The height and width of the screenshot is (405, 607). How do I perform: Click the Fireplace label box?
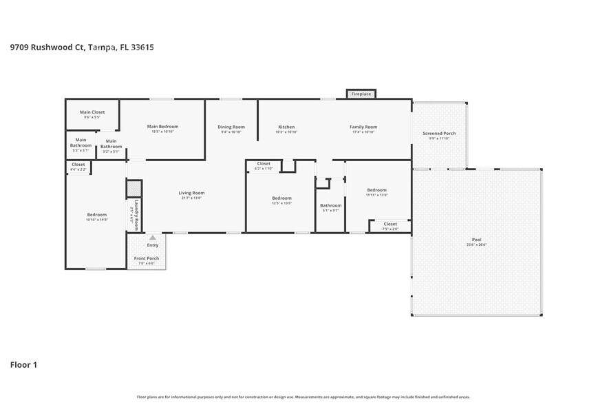tap(361, 94)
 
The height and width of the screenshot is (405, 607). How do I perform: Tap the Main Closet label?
tap(92, 112)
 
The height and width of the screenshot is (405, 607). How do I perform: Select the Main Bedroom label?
tap(163, 127)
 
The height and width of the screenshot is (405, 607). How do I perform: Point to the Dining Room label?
tap(231, 127)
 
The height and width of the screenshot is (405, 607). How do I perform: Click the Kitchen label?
tap(286, 127)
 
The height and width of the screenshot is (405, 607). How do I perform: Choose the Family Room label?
tap(363, 127)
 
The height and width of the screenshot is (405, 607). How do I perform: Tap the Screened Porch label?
tap(439, 134)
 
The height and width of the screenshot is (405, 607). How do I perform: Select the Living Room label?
tap(192, 194)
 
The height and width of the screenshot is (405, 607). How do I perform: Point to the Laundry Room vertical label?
tap(136, 212)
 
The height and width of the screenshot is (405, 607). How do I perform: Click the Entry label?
tap(152, 245)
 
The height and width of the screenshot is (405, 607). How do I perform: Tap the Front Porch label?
tap(146, 258)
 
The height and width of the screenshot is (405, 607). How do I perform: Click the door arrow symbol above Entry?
tap(152, 237)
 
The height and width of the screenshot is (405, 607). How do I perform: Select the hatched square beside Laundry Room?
tap(134, 189)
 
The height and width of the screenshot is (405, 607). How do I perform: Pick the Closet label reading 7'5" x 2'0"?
tap(390, 225)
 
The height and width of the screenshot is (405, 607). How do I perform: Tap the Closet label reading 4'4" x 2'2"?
tap(78, 165)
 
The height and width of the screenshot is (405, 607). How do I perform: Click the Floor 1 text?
tap(23, 364)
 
